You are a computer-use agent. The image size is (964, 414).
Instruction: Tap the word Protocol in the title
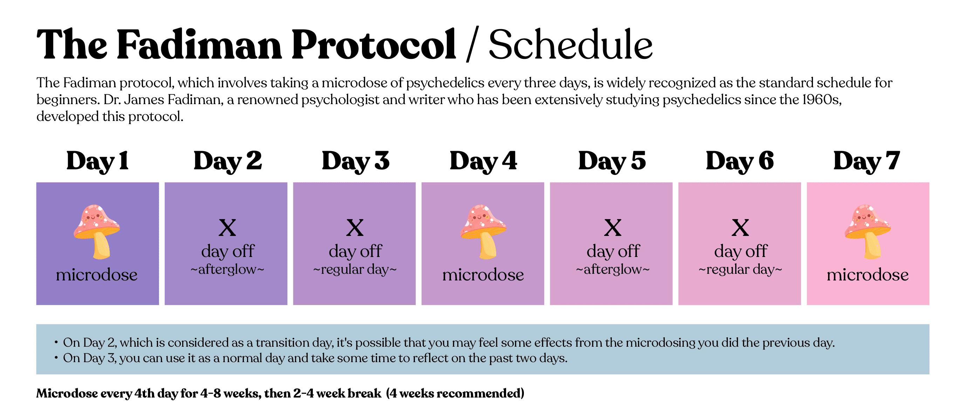point(374,44)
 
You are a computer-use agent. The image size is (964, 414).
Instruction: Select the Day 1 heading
point(98,161)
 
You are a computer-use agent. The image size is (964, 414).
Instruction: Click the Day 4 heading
point(483,161)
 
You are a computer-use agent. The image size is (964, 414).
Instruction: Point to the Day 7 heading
point(867,161)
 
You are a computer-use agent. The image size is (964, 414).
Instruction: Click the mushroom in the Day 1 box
point(97,232)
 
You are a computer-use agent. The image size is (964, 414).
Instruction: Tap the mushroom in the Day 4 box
point(483,232)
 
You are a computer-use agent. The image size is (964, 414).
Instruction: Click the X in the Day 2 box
point(227,228)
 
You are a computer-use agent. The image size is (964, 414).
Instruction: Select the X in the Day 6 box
point(740,228)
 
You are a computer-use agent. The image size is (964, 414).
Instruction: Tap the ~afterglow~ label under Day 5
point(613,270)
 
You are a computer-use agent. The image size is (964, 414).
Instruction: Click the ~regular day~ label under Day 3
point(355,270)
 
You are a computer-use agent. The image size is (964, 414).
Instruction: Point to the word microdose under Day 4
point(483,275)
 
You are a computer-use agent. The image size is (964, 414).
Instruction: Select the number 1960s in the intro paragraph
point(822,100)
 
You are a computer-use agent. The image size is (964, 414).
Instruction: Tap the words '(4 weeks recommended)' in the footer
point(455,393)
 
